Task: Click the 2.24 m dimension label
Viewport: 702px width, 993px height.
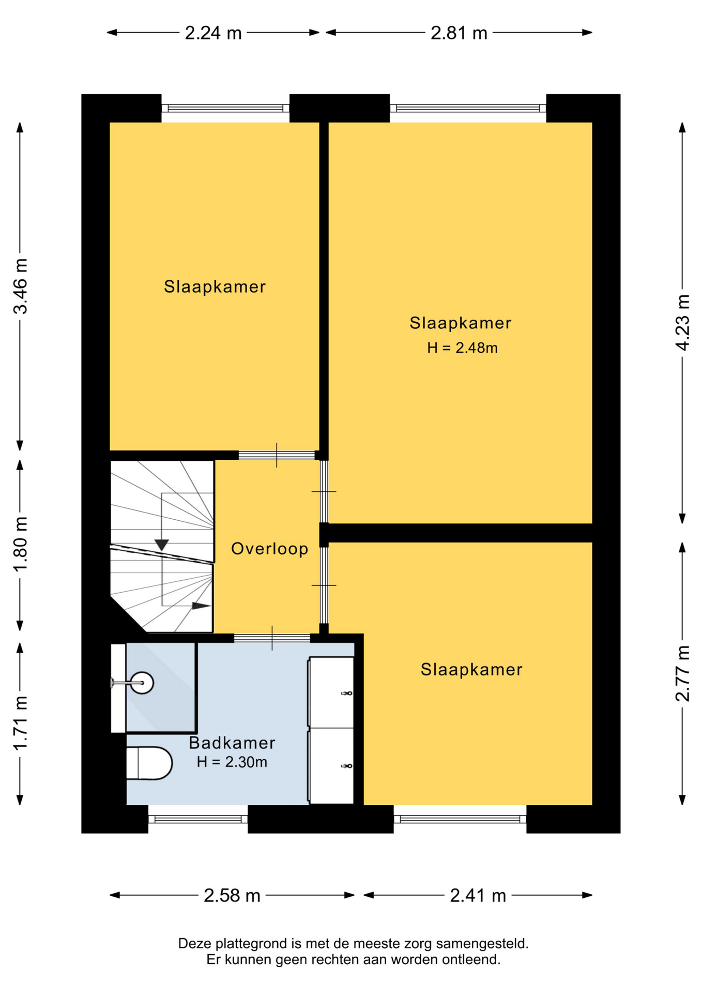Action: pyautogui.click(x=213, y=33)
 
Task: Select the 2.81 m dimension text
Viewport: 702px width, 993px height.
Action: pyautogui.click(x=459, y=33)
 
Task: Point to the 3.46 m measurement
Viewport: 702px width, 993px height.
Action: pyautogui.click(x=21, y=286)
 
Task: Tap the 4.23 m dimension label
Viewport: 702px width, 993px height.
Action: pyautogui.click(x=682, y=323)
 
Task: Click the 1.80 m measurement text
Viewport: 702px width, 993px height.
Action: pyautogui.click(x=21, y=544)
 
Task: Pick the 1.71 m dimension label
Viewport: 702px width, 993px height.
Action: pyautogui.click(x=21, y=723)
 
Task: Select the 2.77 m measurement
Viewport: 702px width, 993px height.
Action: pyautogui.click(x=682, y=673)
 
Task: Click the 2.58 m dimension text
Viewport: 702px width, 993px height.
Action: pyautogui.click(x=232, y=895)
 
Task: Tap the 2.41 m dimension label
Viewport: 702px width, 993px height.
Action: pyautogui.click(x=478, y=895)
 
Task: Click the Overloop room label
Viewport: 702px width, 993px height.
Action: pyautogui.click(x=269, y=548)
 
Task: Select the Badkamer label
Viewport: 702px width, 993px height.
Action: pyautogui.click(x=232, y=743)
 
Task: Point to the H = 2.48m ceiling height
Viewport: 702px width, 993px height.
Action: pyautogui.click(x=462, y=348)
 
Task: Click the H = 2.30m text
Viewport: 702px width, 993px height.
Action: pyautogui.click(x=232, y=762)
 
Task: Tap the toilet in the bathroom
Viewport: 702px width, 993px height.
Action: pyautogui.click(x=149, y=763)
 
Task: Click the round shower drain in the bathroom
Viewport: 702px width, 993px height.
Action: pyautogui.click(x=142, y=683)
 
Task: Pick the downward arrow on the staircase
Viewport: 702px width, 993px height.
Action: pyautogui.click(x=162, y=545)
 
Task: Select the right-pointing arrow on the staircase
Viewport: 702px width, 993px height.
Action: pyautogui.click(x=202, y=606)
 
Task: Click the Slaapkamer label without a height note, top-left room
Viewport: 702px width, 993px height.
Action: pyautogui.click(x=215, y=287)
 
